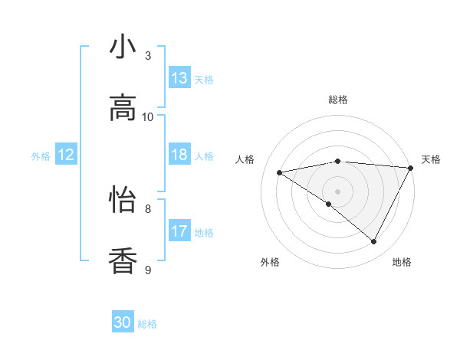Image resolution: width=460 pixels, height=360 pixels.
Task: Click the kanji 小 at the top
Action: point(123,47)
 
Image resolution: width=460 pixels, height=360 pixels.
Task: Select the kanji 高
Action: point(123,108)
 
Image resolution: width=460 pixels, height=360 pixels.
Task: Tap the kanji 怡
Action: point(123,200)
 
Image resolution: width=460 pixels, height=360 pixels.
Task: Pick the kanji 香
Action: point(123,261)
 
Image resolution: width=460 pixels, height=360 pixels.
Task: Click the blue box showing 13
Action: point(179,78)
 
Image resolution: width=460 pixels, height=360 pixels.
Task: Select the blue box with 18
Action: point(179,155)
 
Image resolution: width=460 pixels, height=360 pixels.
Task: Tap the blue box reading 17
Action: point(179,231)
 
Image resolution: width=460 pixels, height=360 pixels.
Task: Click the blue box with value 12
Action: point(66,155)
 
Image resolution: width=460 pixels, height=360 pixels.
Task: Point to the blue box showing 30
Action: point(123,322)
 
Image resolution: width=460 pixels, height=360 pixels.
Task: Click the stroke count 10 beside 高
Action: point(148,116)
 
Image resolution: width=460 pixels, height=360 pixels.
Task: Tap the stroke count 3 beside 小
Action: point(148,55)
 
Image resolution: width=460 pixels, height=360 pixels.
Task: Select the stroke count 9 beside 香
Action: point(148,270)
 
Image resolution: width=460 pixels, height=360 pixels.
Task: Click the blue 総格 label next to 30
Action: point(147,324)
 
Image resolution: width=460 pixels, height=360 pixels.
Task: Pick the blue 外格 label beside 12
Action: point(41,156)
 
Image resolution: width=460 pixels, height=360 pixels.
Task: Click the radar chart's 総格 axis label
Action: point(338,100)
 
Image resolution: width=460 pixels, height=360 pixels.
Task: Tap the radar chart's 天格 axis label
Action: point(431,159)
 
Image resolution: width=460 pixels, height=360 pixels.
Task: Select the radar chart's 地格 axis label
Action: point(402,262)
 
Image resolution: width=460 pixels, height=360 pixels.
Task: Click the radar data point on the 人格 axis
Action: point(280,172)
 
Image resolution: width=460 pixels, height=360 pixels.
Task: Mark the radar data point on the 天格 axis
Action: point(411,168)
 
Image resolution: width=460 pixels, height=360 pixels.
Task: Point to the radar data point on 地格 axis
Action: point(374,242)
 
